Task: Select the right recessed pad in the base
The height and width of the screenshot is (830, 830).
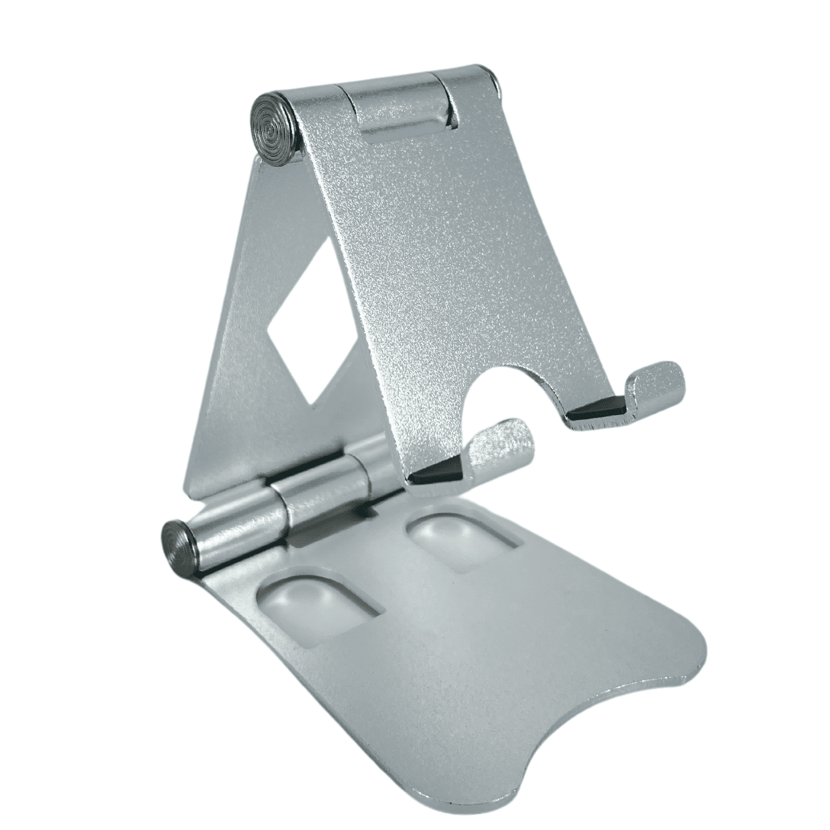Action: (462, 542)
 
